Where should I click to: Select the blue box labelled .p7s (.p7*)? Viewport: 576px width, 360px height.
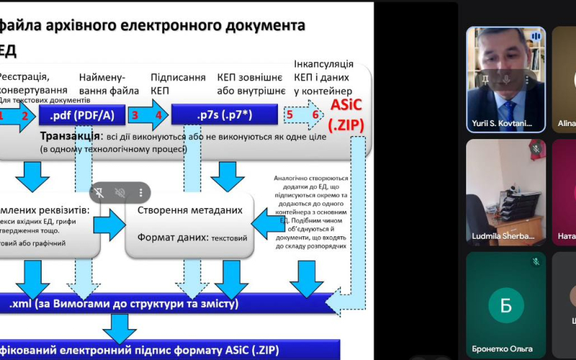coord(223,114)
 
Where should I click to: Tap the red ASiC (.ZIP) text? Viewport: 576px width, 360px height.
coord(348,114)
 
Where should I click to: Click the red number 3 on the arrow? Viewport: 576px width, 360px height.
coord(134,114)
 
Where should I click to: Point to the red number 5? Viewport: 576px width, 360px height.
coord(289,114)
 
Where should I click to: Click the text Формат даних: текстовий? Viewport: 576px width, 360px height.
coord(192,236)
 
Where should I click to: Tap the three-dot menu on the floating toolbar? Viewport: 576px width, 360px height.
coord(141,192)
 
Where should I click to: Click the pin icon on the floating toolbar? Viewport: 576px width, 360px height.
coord(99,192)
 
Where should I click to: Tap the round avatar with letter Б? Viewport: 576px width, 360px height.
coord(505,304)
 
